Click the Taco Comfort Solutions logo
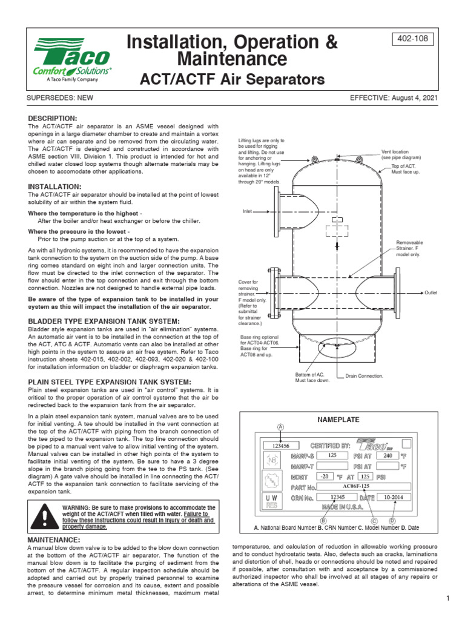pyautogui.click(x=72, y=59)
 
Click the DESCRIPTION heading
pyautogui.click(x=53, y=117)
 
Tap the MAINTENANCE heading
pyautogui.click(x=54, y=539)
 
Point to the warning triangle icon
pyautogui.click(x=44, y=516)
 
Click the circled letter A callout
pyautogui.click(x=280, y=427)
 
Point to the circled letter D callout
pyautogui.click(x=392, y=521)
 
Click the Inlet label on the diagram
pyautogui.click(x=247, y=211)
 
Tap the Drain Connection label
pyautogui.click(x=364, y=376)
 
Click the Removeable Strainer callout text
pyautogui.click(x=410, y=248)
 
